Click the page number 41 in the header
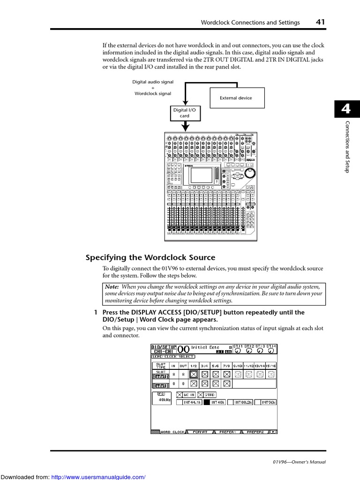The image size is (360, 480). pyautogui.click(x=321, y=22)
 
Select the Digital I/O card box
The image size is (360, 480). pyautogui.click(x=184, y=113)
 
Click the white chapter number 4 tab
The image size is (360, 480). pyautogui.click(x=346, y=109)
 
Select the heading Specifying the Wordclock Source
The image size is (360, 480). pyautogui.click(x=150, y=257)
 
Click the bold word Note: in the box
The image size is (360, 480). pyautogui.click(x=112, y=286)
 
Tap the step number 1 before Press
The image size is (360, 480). pyautogui.click(x=96, y=312)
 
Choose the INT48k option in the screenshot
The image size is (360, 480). pyautogui.click(x=218, y=402)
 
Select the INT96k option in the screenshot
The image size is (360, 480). pyautogui.click(x=268, y=402)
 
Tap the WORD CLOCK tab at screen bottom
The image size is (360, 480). pyautogui.click(x=172, y=432)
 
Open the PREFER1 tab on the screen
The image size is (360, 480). pyautogui.click(x=227, y=432)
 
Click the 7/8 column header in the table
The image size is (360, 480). pyautogui.click(x=226, y=365)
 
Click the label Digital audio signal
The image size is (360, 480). pyautogui.click(x=152, y=82)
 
